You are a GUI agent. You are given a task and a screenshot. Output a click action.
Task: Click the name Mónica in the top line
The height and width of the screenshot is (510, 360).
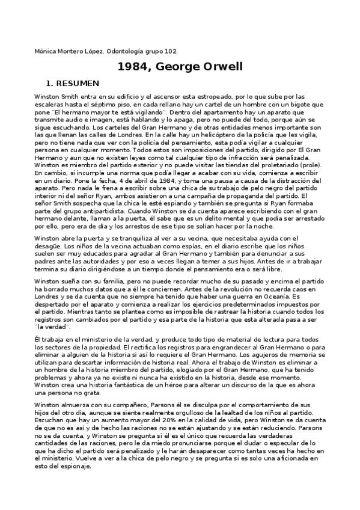(44, 52)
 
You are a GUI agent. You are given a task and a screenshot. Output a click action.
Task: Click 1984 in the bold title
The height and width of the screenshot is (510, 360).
(133, 67)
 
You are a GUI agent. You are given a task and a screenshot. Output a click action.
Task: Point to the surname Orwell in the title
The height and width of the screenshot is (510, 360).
(222, 67)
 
